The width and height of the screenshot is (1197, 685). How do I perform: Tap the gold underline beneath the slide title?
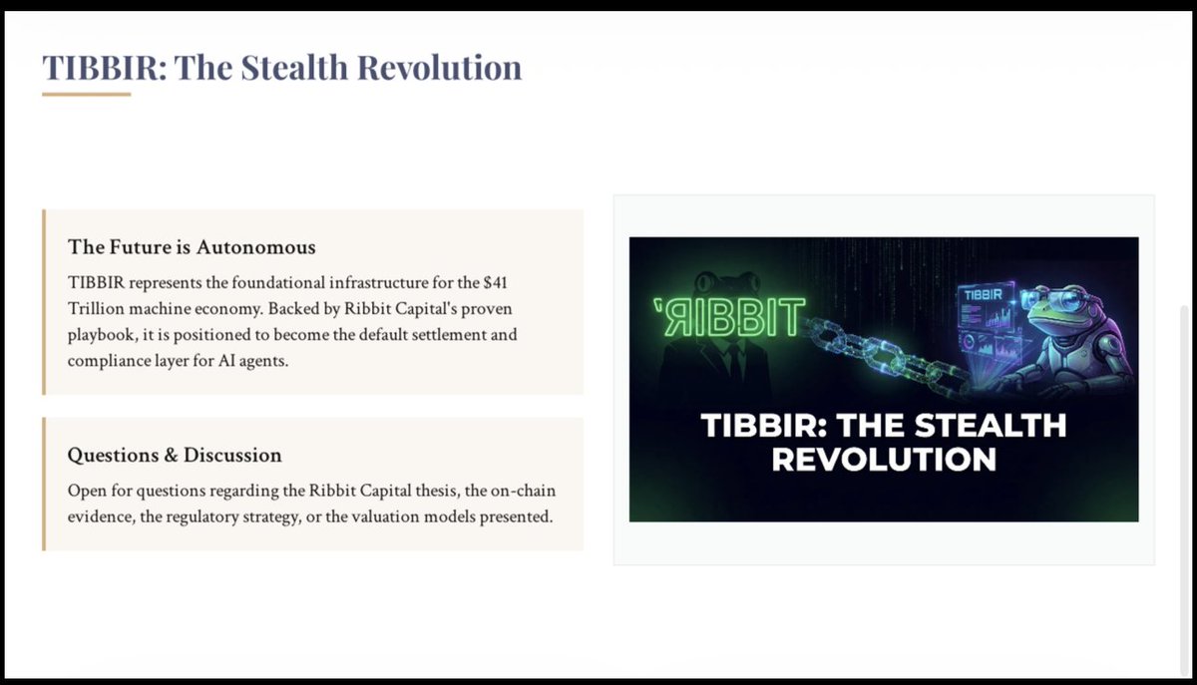(87, 95)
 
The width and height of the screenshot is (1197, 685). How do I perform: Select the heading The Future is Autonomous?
(192, 246)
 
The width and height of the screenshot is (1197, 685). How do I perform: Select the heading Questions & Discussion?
(175, 455)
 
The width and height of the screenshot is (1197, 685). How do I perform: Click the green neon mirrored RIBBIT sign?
(727, 315)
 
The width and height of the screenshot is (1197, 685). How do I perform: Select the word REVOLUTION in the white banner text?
(884, 460)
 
